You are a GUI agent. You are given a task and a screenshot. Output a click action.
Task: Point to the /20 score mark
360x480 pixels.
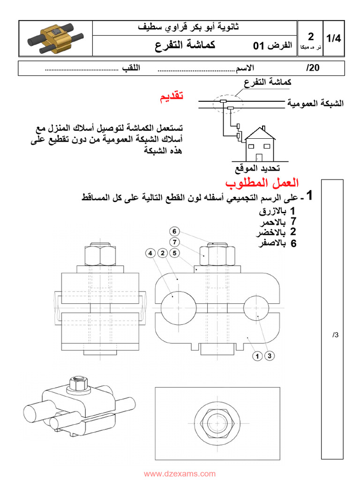[313, 68]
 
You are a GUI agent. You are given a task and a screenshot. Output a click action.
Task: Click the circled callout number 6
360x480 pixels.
[174, 231]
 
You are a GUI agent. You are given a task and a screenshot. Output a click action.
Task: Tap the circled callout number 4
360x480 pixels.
[150, 253]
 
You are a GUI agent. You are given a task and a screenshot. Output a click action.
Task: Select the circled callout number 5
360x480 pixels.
[174, 253]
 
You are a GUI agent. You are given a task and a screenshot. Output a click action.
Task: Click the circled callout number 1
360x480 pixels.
[257, 356]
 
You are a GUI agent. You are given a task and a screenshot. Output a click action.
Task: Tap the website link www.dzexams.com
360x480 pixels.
[180, 474]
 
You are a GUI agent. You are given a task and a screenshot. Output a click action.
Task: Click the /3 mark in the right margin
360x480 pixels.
[335, 335]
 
